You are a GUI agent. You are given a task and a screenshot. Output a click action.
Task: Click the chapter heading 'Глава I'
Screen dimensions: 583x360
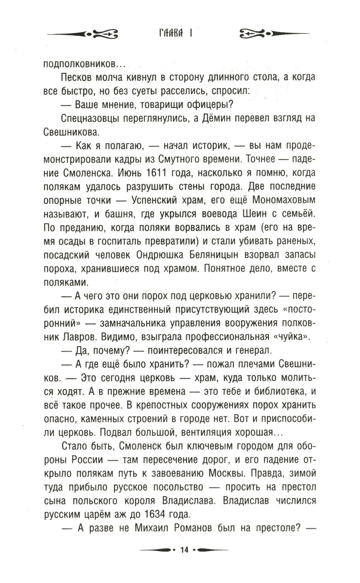(175, 33)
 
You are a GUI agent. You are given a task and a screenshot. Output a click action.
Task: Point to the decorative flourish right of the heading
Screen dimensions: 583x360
(274, 34)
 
